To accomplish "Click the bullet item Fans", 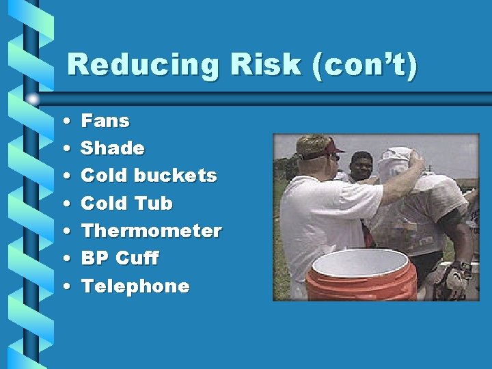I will [x=105, y=121].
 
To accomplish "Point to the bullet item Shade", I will [x=113, y=148].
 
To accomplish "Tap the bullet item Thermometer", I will [x=151, y=231].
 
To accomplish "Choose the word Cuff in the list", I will [x=137, y=258].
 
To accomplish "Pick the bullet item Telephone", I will [x=135, y=286].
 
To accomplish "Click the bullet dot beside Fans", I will [x=64, y=122].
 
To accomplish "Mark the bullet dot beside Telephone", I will [x=64, y=286].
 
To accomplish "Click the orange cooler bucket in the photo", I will [x=361, y=277].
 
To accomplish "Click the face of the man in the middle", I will [x=360, y=165].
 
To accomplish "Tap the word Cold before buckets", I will [x=103, y=176].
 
